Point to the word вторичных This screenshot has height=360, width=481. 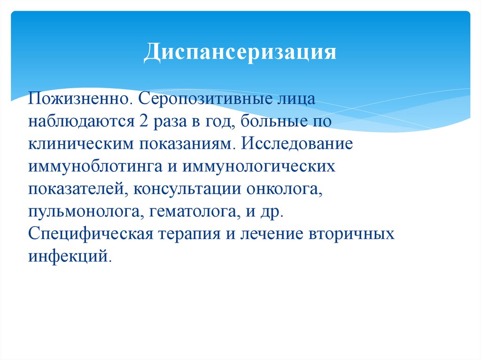click(x=351, y=235)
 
